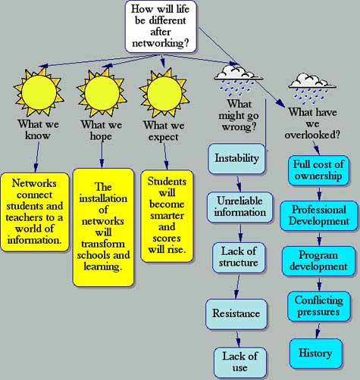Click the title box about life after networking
coord(161,26)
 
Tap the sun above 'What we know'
coord(39,92)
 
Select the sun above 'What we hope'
coord(102,93)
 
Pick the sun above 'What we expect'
coord(164,93)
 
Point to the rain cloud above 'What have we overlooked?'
coord(312,89)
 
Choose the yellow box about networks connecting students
coord(35,212)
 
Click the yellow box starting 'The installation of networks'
coord(103,227)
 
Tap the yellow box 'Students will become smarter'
coord(167,216)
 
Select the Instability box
coord(236,158)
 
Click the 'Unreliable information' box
coord(240,207)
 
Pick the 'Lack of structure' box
coord(239,257)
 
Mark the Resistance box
coord(236,314)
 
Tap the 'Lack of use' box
coord(240,363)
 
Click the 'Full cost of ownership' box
coord(318,170)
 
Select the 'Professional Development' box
coord(319,216)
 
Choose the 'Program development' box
coord(318,261)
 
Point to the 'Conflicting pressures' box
coord(319,307)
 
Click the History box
coord(316,354)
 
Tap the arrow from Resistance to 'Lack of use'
coord(238,339)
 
